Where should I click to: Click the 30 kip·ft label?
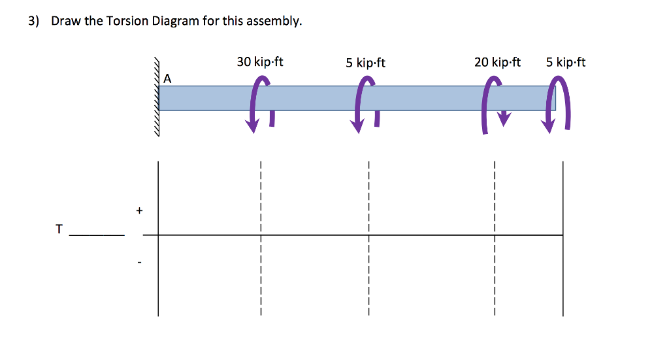[260, 62]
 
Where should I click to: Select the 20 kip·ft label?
[497, 62]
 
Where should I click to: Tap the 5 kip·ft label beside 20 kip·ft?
[566, 62]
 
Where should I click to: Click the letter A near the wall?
[167, 78]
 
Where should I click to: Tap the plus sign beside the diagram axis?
[139, 210]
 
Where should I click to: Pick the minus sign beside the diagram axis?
[139, 262]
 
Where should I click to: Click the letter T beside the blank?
[59, 229]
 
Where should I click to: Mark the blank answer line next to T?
[97, 235]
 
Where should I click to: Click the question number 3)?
[34, 21]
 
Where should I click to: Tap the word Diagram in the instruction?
[176, 21]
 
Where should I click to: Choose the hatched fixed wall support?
[157, 97]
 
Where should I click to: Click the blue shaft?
[357, 98]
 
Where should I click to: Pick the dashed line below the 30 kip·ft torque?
[261, 238]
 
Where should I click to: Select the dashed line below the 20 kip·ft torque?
[495, 238]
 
